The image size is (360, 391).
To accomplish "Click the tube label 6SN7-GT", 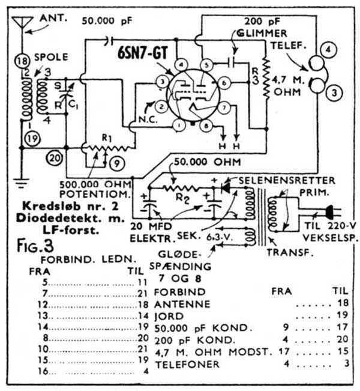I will click(143, 52).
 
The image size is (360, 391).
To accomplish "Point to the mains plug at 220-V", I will click(329, 211).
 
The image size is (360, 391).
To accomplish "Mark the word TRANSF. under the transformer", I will click(298, 253).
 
